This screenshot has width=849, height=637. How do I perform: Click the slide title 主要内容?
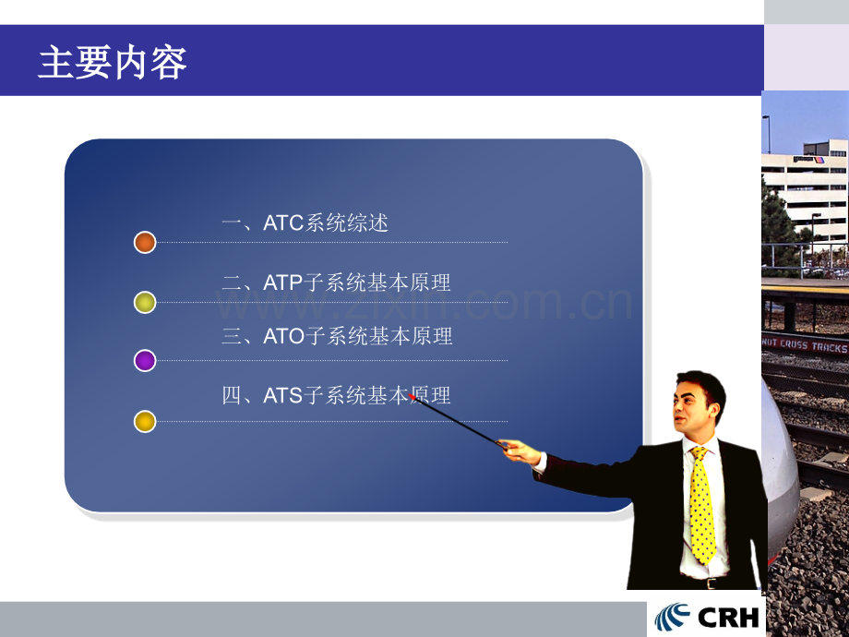(x=113, y=62)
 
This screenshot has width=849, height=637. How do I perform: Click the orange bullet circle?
(x=145, y=242)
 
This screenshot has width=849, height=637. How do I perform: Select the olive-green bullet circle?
(x=145, y=302)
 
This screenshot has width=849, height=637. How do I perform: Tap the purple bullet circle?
(x=145, y=360)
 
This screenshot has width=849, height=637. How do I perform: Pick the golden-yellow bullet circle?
(x=145, y=421)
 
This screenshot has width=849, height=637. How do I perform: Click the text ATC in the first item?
(x=283, y=223)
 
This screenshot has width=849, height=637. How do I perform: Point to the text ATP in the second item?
(x=282, y=282)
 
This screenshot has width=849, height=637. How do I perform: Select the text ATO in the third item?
(x=284, y=336)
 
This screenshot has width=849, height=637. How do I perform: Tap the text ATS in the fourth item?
(x=282, y=395)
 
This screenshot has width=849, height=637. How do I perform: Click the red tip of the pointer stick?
(x=413, y=396)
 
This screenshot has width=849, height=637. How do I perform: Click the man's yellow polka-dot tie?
(x=702, y=505)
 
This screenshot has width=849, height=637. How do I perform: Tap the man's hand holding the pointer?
(x=520, y=451)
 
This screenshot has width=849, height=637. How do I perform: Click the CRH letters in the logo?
(x=728, y=618)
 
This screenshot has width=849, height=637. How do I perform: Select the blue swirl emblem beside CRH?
(x=672, y=618)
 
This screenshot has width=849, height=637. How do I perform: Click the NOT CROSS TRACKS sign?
(x=805, y=344)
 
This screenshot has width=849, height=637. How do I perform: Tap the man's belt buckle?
(x=711, y=583)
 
